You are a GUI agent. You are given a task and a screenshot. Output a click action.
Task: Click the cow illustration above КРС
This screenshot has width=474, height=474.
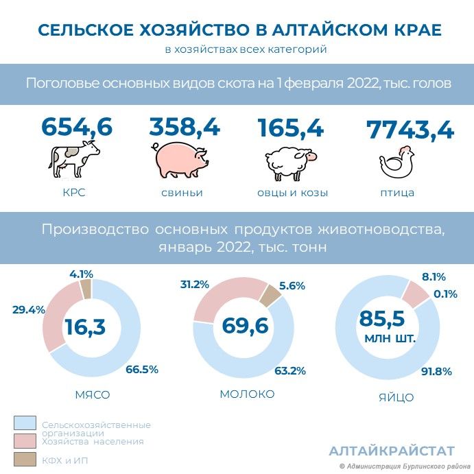pyautogui.click(x=74, y=159)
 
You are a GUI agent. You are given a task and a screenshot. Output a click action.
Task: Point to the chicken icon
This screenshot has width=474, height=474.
pyautogui.click(x=397, y=162)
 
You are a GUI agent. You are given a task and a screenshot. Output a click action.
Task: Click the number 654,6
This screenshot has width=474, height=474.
pyautogui.click(x=77, y=126)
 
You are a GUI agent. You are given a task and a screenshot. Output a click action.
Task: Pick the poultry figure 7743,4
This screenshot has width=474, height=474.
pyautogui.click(x=410, y=130)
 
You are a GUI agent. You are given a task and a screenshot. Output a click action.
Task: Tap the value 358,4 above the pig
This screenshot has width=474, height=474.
pyautogui.click(x=185, y=127)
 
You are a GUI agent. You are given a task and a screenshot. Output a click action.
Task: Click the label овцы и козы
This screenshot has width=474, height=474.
pyautogui.click(x=292, y=193)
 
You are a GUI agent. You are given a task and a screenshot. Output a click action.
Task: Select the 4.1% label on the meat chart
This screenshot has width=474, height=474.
pyautogui.click(x=82, y=274)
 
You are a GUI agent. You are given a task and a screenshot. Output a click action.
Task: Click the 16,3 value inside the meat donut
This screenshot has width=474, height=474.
pyautogui.click(x=85, y=327)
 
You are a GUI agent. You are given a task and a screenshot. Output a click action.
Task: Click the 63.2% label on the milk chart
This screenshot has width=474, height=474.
pyautogui.click(x=290, y=370)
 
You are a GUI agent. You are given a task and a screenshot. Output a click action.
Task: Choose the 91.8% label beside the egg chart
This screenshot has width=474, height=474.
pyautogui.click(x=436, y=371)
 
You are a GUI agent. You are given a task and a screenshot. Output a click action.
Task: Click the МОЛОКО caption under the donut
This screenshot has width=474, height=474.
pyautogui.click(x=247, y=394)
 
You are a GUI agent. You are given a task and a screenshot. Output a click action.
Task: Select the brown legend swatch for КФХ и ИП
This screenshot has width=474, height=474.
pyautogui.click(x=25, y=459)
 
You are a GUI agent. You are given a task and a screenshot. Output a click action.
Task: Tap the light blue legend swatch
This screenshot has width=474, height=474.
pyautogui.click(x=25, y=423)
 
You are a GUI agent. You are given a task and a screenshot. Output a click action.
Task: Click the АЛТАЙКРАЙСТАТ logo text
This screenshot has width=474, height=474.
pyautogui.click(x=392, y=451)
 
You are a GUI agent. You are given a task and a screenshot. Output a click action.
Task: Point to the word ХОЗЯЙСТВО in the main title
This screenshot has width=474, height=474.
pyautogui.click(x=194, y=30)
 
